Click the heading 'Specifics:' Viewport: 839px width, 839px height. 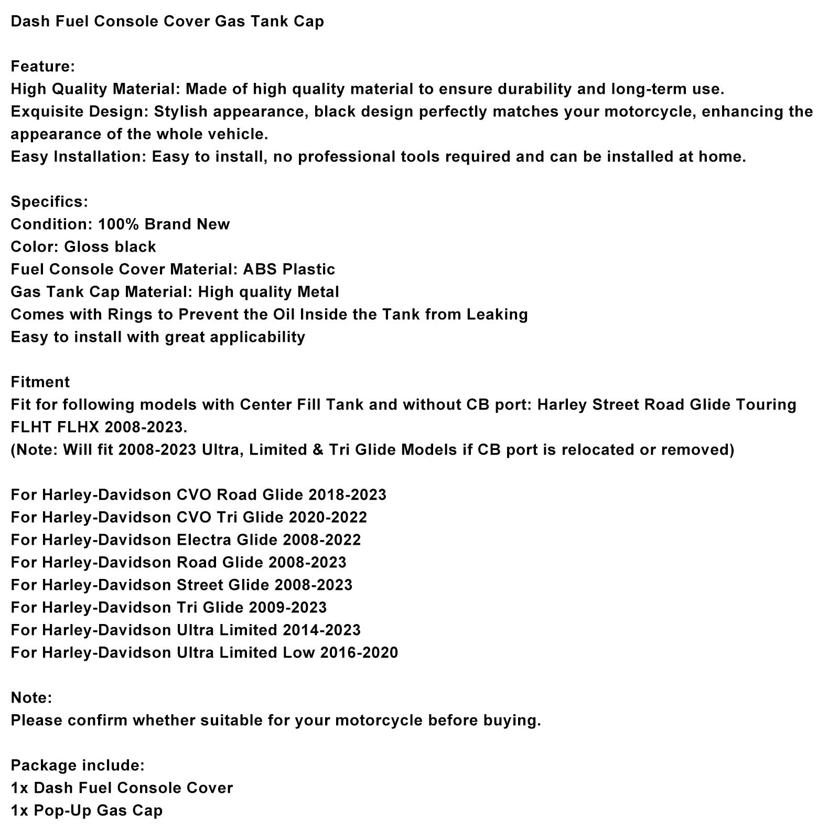[49, 202]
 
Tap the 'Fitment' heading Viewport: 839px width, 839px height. [40, 382]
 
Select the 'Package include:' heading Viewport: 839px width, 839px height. [78, 766]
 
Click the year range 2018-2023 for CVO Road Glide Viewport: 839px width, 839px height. [347, 495]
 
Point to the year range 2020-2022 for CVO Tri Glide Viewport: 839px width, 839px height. [328, 518]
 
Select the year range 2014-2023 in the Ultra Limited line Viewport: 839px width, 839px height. [321, 630]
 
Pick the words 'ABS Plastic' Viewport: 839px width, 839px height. [288, 270]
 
